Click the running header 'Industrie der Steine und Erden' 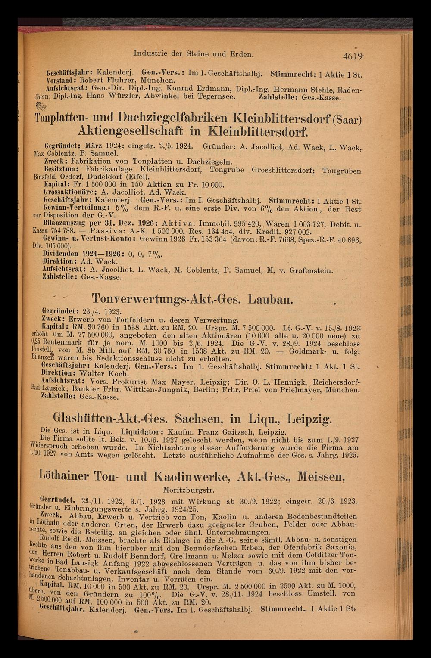coord(194,54)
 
